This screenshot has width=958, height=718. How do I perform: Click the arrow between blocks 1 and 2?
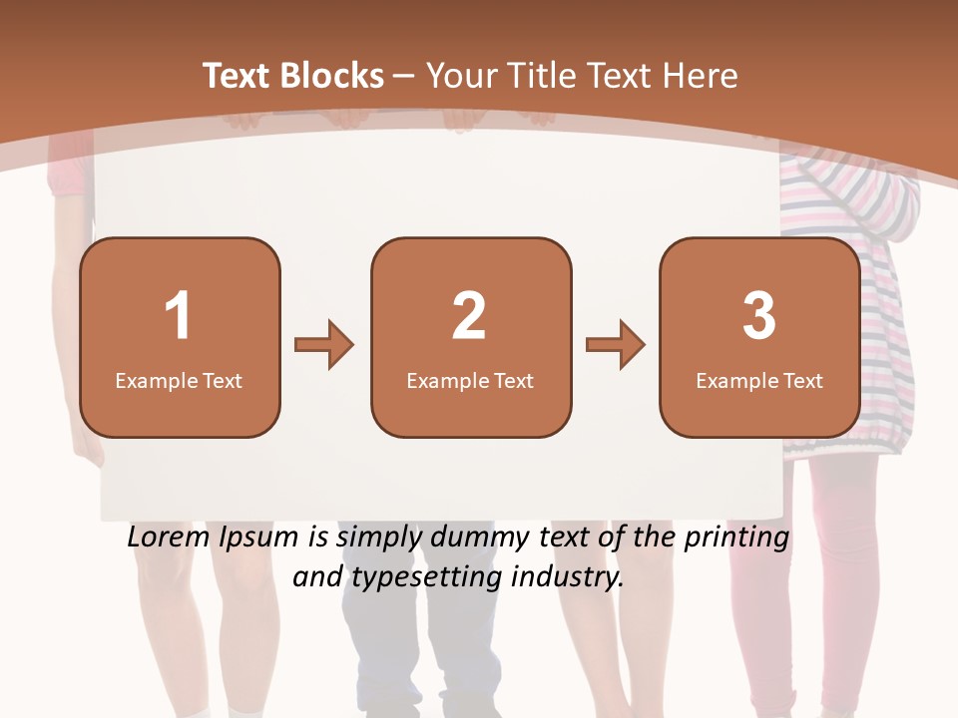tap(324, 345)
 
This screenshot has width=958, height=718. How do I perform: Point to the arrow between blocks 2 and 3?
tap(616, 345)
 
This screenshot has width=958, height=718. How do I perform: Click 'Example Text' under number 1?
tap(179, 380)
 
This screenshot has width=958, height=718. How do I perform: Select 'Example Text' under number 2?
tap(470, 380)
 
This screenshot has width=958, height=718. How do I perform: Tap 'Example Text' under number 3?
tap(759, 380)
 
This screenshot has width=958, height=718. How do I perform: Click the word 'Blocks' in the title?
tap(331, 76)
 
